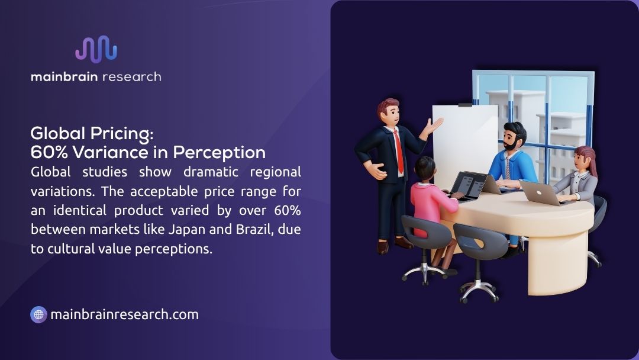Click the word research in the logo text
click(131, 76)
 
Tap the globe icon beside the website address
click(38, 314)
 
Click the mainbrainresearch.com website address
click(124, 314)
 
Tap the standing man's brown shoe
click(403, 242)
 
